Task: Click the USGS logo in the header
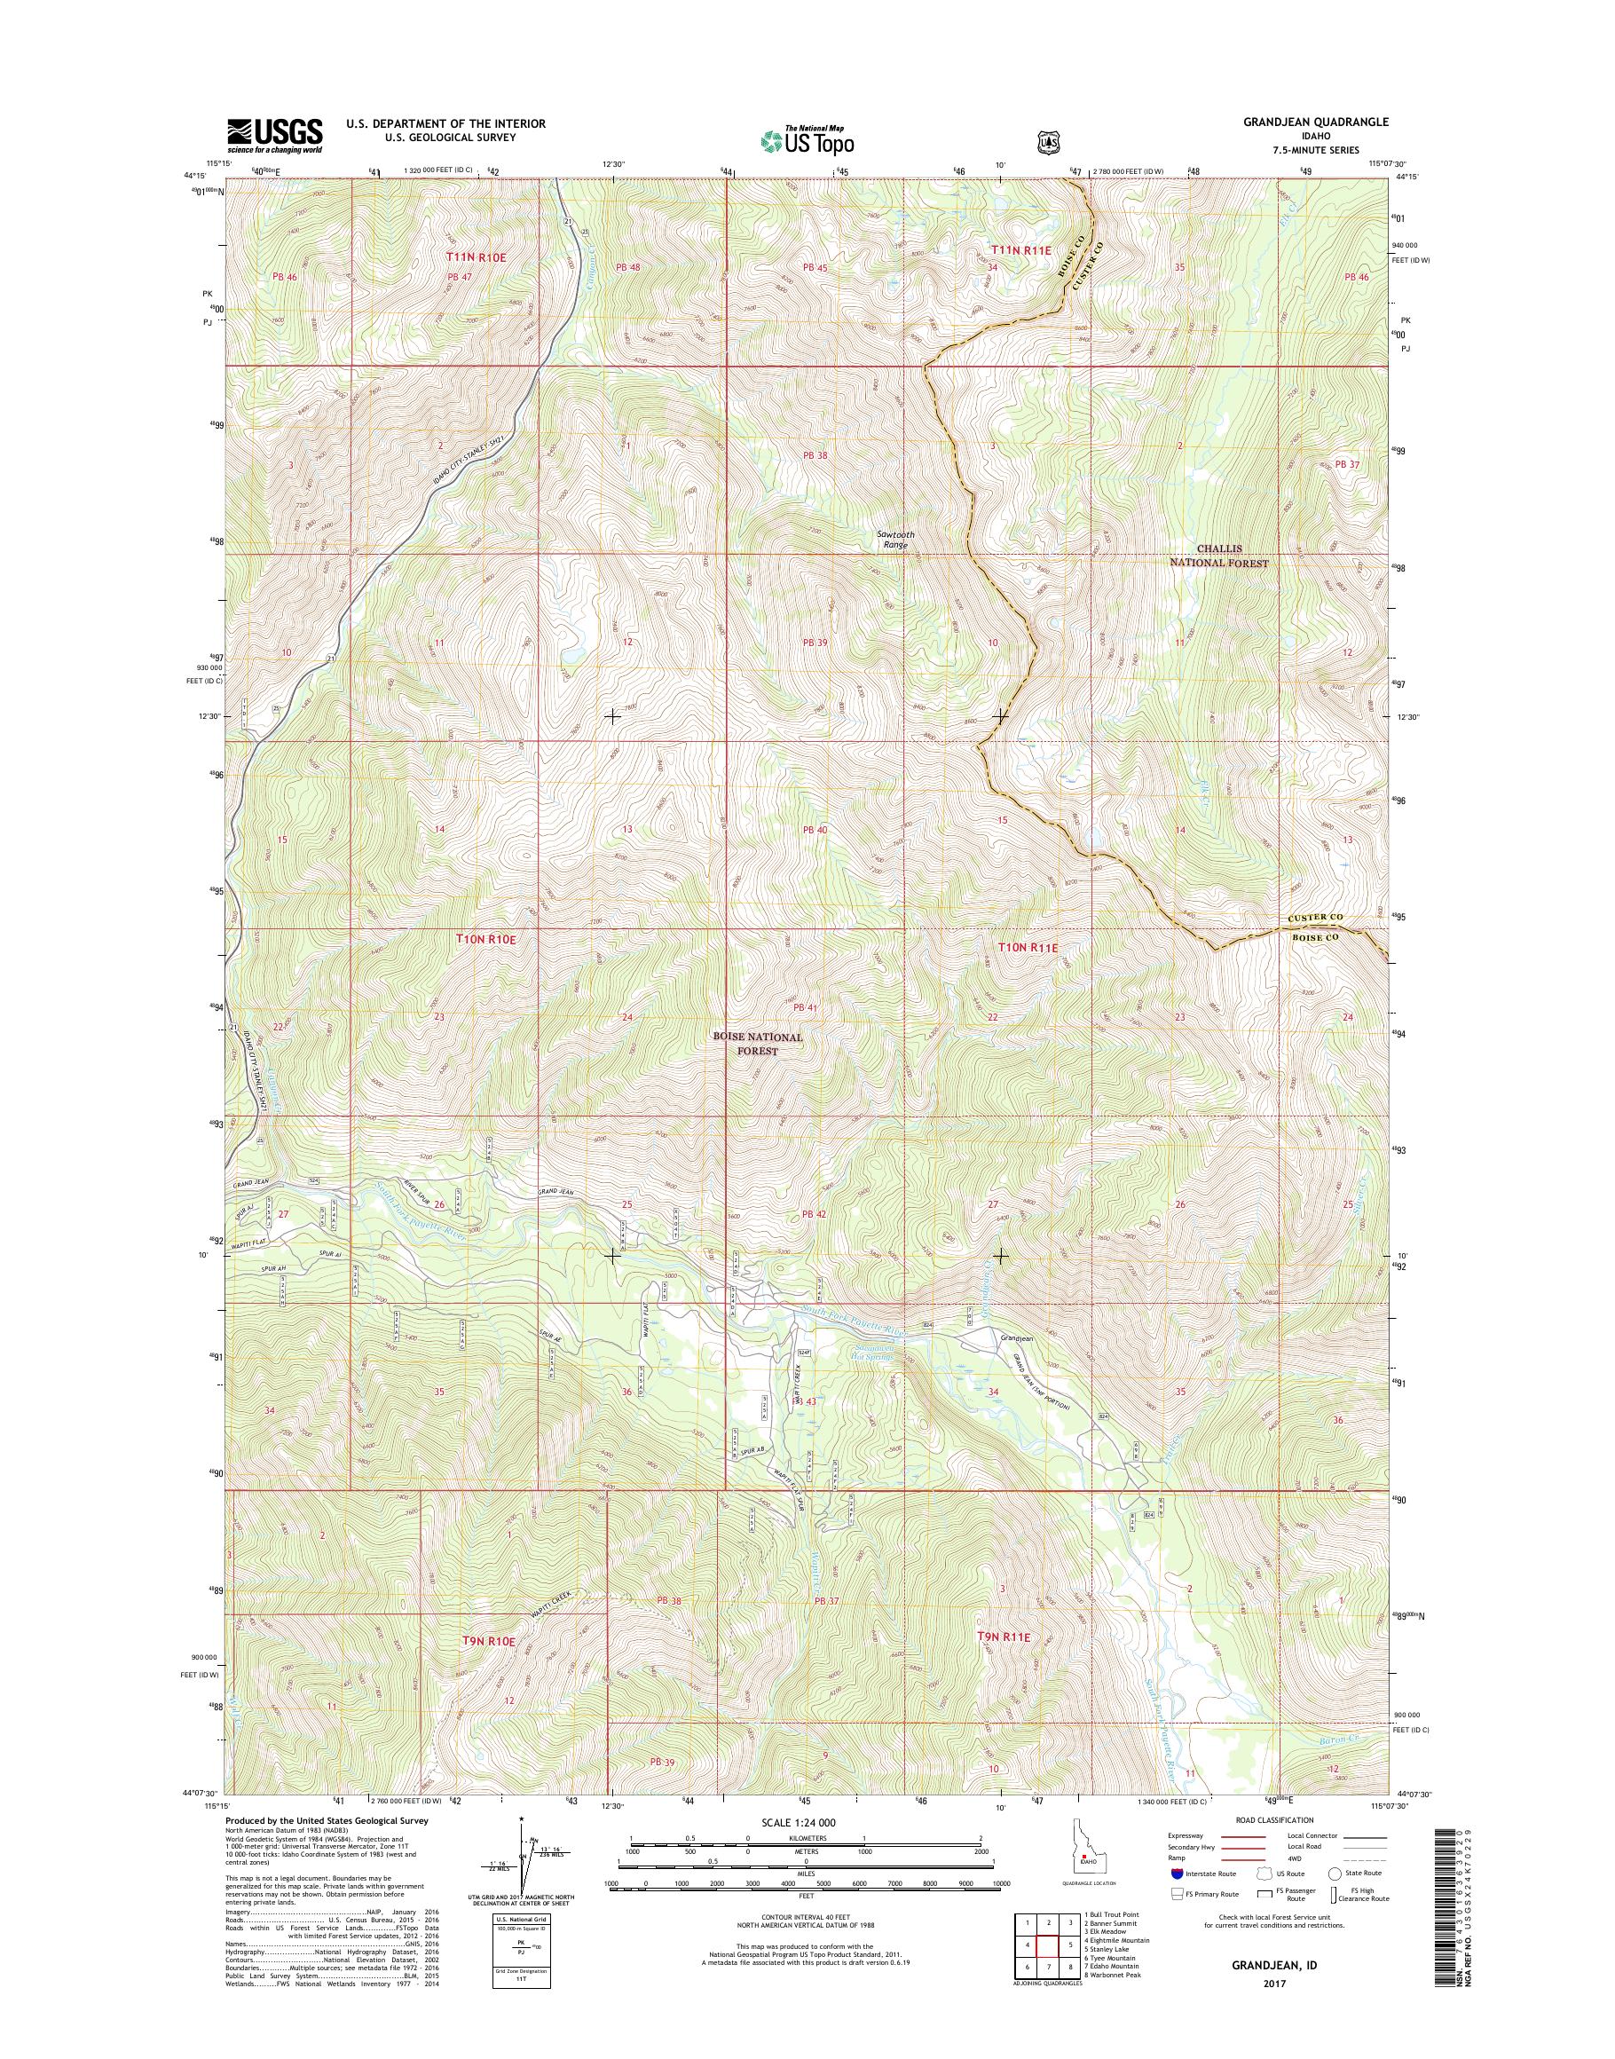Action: pyautogui.click(x=274, y=135)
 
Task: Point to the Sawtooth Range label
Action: pyautogui.click(x=894, y=539)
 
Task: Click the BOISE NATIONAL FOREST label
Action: pyautogui.click(x=760, y=1043)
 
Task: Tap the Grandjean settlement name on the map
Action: pyautogui.click(x=1018, y=1338)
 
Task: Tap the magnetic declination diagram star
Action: pyautogui.click(x=521, y=1818)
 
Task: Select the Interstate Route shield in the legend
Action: pyautogui.click(x=1176, y=1873)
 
